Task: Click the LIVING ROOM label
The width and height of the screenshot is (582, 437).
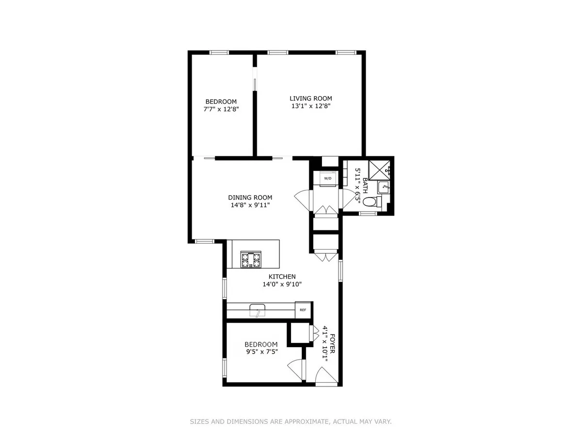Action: [310, 99]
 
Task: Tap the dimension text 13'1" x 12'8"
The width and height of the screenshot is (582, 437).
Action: [310, 106]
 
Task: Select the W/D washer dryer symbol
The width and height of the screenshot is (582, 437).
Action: [328, 178]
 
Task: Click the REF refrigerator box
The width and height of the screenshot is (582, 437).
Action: [303, 310]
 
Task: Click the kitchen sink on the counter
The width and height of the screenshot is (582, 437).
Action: [257, 309]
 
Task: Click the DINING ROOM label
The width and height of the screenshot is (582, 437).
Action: [250, 198]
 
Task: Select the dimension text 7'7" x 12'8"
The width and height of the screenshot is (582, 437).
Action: [221, 109]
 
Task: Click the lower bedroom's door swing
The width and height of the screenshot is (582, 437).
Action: [296, 369]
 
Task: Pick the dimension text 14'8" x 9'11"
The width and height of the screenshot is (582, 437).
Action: [250, 205]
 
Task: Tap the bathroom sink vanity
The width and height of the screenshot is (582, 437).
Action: [384, 186]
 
